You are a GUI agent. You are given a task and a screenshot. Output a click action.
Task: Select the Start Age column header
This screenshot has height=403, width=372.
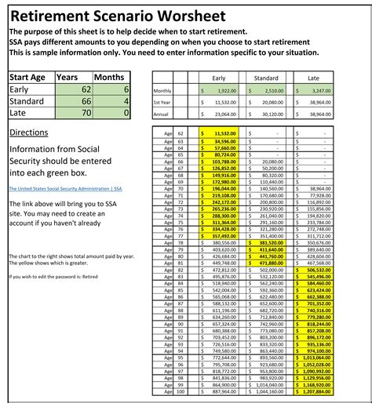tap(30, 78)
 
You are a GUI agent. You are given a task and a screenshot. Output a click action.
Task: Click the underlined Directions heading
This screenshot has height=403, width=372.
tap(28, 133)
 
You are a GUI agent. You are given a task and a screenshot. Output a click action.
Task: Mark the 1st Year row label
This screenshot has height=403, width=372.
tap(162, 103)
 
